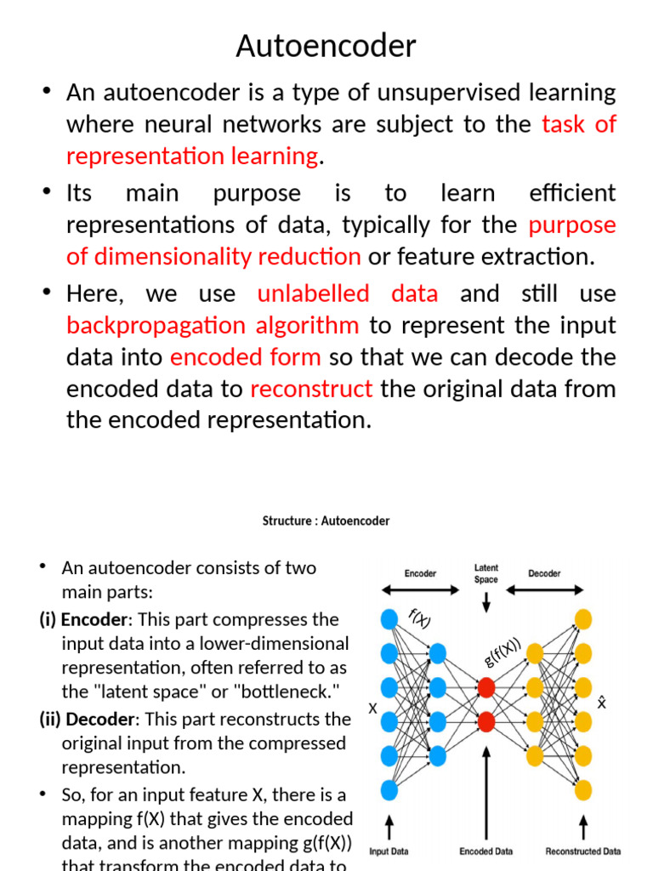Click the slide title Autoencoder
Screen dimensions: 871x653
tap(326, 46)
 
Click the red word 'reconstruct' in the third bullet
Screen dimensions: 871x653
tap(311, 389)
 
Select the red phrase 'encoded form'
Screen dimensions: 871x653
tap(246, 356)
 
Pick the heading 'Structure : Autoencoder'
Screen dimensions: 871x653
tap(326, 521)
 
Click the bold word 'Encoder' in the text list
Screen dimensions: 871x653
tap(92, 619)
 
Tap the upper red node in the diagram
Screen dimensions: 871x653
tap(486, 687)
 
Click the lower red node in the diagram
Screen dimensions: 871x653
tap(486, 722)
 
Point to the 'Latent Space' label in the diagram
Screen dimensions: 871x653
tap(486, 573)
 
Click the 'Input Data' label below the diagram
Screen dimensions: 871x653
tap(389, 851)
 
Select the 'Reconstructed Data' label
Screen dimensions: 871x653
tap(583, 851)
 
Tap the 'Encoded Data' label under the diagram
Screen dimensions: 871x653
tap(486, 851)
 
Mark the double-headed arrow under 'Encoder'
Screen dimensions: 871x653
tap(420, 589)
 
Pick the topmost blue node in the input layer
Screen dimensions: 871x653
tap(389, 619)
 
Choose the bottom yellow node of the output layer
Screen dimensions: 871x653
tap(583, 790)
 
